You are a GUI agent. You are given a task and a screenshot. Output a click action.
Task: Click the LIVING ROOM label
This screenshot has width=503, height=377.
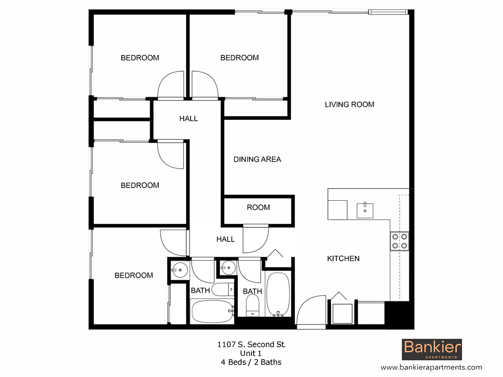coord(349,105)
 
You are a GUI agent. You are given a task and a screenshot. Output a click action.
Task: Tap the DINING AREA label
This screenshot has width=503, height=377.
coord(257,159)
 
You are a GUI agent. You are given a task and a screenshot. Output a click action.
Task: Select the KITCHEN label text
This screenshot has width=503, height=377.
coord(343,259)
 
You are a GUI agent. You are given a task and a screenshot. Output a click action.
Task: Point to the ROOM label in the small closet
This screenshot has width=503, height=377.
coord(258,207)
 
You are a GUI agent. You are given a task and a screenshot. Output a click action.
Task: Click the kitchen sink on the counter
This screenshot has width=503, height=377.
coord(365,210)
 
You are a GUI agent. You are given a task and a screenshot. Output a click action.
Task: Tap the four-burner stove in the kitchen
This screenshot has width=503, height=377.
coord(399,241)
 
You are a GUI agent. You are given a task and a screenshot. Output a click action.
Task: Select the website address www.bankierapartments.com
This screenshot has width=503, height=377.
coord(431,367)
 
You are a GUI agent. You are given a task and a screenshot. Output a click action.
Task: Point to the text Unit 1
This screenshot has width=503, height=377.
coord(251,353)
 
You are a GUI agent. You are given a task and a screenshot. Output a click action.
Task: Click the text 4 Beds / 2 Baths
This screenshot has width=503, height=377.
coord(251,362)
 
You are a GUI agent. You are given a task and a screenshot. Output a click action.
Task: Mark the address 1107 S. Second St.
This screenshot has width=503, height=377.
coord(251,345)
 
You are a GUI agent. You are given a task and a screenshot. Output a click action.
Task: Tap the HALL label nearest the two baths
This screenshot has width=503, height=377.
coord(225,240)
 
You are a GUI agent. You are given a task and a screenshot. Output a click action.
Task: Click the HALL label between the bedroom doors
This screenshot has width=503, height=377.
coord(189,119)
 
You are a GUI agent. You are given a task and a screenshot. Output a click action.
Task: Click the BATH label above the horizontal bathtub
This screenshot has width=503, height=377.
coord(200,291)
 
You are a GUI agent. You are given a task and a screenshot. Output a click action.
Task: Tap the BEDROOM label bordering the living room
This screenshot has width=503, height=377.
coord(239,58)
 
